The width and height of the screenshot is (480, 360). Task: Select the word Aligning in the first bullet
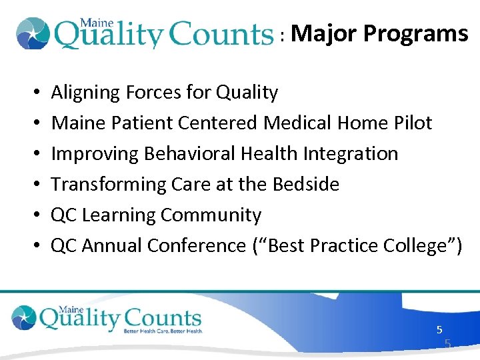click(85, 93)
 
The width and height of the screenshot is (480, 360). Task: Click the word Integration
click(350, 154)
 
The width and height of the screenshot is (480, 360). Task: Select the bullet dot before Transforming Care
click(34, 185)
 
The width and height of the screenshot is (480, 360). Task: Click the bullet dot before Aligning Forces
click(34, 93)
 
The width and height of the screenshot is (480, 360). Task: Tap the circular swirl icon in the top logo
click(32, 33)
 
